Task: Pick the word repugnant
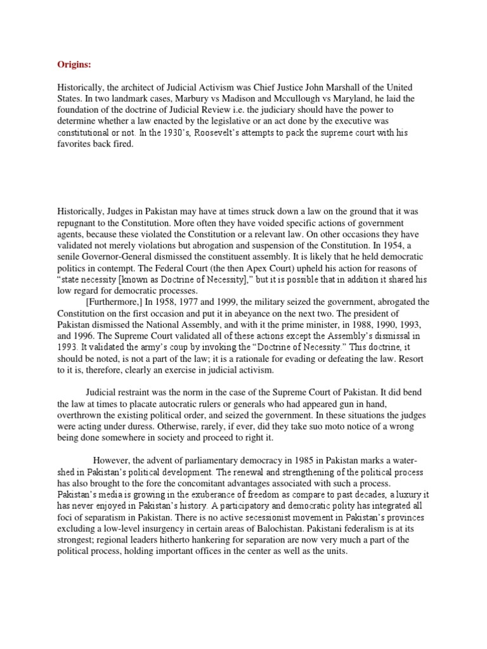pyautogui.click(x=81, y=222)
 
